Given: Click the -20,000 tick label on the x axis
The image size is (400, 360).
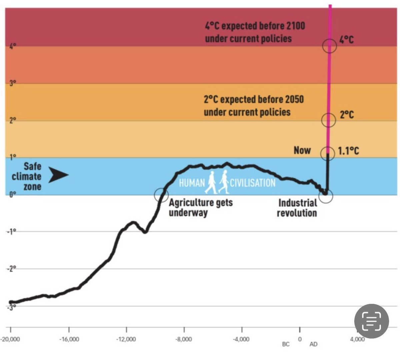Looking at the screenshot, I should [x=10, y=339].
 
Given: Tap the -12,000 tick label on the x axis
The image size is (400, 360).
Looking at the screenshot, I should [x=126, y=339].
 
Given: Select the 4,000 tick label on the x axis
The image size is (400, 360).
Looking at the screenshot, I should [x=357, y=339].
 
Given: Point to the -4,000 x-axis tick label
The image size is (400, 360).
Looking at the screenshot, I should [x=241, y=339].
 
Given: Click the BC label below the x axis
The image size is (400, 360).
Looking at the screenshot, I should [x=286, y=344].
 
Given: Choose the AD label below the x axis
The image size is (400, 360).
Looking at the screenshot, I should [x=313, y=344].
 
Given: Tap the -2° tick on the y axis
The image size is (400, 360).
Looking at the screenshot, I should [x=11, y=269].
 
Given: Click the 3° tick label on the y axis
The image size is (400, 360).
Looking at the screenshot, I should [x=12, y=83].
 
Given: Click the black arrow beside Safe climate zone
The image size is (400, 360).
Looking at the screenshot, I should [x=58, y=175].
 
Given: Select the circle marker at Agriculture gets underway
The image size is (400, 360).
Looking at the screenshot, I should [x=161, y=195].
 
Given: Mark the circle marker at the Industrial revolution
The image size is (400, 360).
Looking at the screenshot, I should [x=326, y=196].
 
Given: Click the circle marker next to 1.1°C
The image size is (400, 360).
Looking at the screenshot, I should [x=327, y=153].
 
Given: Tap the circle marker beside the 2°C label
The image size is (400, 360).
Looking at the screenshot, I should [x=328, y=120].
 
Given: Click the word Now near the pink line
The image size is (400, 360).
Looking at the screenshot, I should [x=302, y=150].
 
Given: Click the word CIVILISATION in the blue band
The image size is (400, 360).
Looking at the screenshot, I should [x=253, y=183].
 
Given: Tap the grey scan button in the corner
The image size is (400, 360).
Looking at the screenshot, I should [x=371, y=321].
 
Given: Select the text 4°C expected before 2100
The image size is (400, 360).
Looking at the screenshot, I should [x=255, y=26].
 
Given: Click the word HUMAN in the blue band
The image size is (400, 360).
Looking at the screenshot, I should [x=192, y=183].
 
